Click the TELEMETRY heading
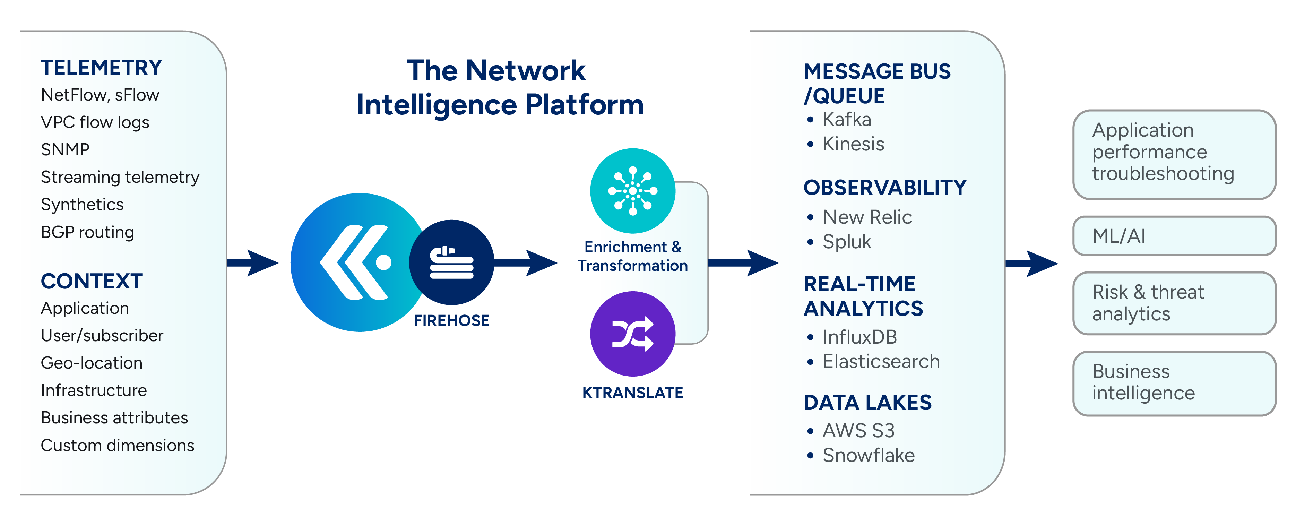[101, 68]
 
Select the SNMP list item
[65, 149]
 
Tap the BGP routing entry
[87, 232]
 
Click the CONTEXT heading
[92, 281]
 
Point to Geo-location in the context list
[92, 363]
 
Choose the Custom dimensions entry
[117, 446]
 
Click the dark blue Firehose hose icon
[451, 262]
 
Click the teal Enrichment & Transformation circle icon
[632, 191]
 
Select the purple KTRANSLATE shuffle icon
[632, 334]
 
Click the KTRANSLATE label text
[632, 393]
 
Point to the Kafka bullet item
[846, 120]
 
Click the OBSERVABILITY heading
[884, 188]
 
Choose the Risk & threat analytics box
[1174, 303]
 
